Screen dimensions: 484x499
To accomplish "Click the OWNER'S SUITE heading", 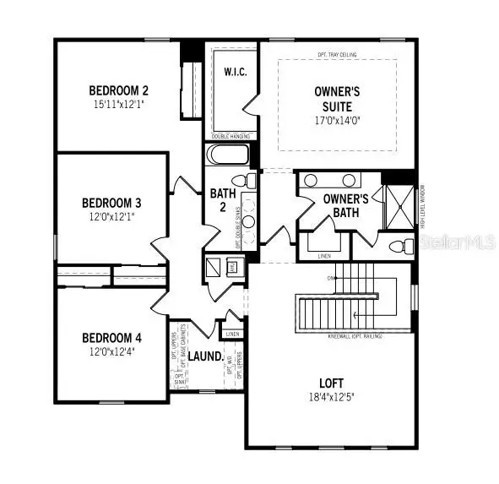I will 337,94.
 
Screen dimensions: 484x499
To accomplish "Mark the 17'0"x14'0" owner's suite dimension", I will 337,119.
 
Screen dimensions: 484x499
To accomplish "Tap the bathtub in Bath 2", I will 228,156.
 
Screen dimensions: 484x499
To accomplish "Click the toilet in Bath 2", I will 241,182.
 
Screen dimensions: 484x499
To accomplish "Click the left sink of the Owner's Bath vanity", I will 311,180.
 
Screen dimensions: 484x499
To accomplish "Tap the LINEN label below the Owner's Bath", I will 324,254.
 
